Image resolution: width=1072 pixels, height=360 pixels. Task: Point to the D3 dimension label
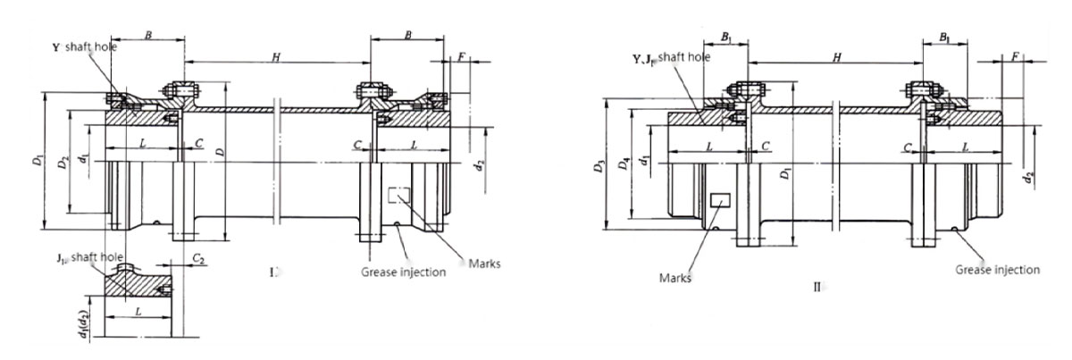598,166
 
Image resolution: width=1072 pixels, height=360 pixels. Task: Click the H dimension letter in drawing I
277,57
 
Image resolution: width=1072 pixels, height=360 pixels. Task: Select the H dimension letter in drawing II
836,57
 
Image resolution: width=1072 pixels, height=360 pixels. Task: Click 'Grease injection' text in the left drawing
403,272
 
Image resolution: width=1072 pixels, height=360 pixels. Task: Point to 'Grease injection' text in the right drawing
997,269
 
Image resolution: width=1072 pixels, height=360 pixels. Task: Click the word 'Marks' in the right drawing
676,277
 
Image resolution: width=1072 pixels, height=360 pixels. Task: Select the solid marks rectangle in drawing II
719,202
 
